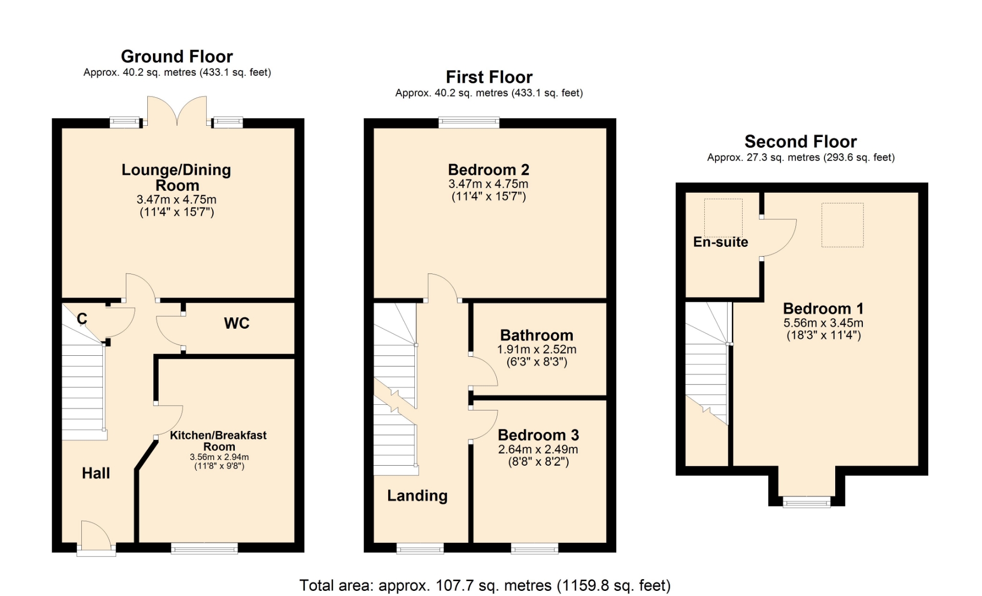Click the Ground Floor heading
[176, 56]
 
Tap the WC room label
[237, 323]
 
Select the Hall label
[96, 473]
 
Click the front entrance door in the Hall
[96, 537]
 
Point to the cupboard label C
[82, 318]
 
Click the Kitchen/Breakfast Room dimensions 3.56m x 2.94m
[219, 457]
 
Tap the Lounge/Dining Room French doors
[177, 110]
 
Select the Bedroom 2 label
[488, 169]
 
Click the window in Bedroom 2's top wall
[469, 122]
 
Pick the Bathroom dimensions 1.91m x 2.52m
[537, 349]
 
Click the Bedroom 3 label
[538, 435]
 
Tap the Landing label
[417, 496]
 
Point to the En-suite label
[721, 242]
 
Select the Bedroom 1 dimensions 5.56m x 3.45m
[823, 323]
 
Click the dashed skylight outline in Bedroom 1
[842, 203]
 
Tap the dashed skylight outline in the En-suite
[723, 199]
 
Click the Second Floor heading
[800, 141]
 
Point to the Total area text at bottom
[485, 585]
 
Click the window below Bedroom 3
[534, 548]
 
